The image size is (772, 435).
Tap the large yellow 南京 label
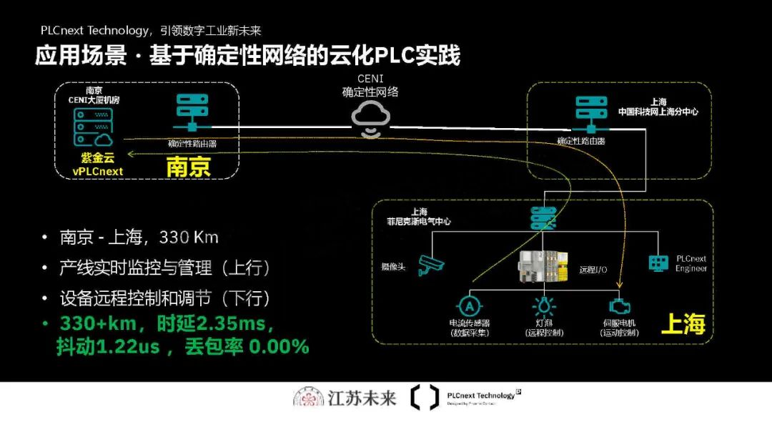189,167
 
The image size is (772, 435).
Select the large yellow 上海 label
683,324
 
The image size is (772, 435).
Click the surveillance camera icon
431,265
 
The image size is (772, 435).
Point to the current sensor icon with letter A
470,306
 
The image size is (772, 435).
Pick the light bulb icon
544,306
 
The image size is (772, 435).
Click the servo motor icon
620,306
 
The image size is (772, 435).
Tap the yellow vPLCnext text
98,172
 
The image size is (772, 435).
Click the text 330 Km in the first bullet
189,238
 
